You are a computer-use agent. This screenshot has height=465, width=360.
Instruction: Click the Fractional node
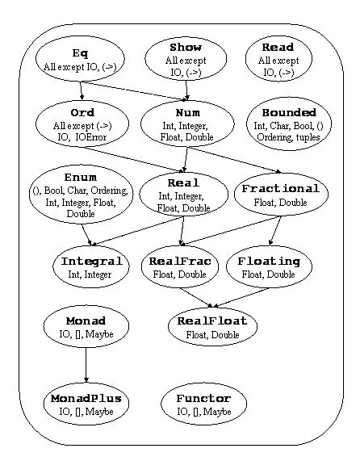[x=280, y=195]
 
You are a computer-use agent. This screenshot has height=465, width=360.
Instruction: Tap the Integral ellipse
[x=91, y=267]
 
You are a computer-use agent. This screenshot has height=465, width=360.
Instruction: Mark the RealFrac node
[x=182, y=267]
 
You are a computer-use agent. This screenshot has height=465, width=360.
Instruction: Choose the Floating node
[x=269, y=267]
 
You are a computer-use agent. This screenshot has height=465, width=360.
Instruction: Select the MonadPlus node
[x=86, y=404]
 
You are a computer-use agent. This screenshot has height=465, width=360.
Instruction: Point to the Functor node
[x=203, y=404]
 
